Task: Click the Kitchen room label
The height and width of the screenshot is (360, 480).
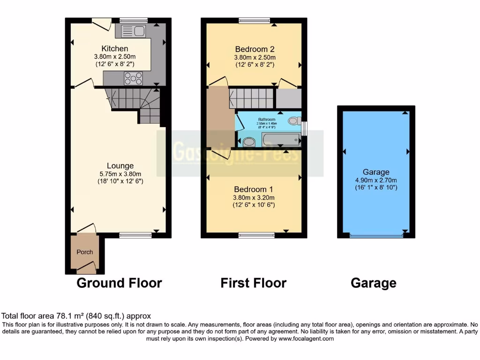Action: [115, 49]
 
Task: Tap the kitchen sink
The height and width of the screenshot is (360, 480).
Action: [134, 31]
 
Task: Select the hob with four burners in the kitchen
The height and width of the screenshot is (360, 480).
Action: [133, 78]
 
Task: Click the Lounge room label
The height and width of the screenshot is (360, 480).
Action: [120, 165]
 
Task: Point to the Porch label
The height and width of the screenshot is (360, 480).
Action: [85, 252]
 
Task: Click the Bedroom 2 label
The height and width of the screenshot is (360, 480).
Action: [255, 49]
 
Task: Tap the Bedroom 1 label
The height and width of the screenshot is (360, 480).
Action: [254, 189]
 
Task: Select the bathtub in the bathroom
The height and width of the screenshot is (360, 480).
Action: [280, 140]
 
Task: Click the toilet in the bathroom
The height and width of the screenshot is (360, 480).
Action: [294, 120]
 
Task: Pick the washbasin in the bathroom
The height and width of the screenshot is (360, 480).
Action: [249, 141]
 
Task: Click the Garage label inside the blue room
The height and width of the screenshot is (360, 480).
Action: [375, 172]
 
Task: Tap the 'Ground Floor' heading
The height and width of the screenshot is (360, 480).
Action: [119, 283]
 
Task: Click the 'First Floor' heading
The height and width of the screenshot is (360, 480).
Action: [253, 283]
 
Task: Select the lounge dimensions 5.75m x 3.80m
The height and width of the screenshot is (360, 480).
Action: [120, 173]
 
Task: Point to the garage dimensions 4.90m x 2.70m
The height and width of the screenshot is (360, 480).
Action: [375, 180]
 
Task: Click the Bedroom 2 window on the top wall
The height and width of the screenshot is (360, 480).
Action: [254, 20]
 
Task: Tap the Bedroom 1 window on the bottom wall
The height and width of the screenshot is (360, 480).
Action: [254, 235]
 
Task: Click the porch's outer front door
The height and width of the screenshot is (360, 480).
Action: [86, 269]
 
